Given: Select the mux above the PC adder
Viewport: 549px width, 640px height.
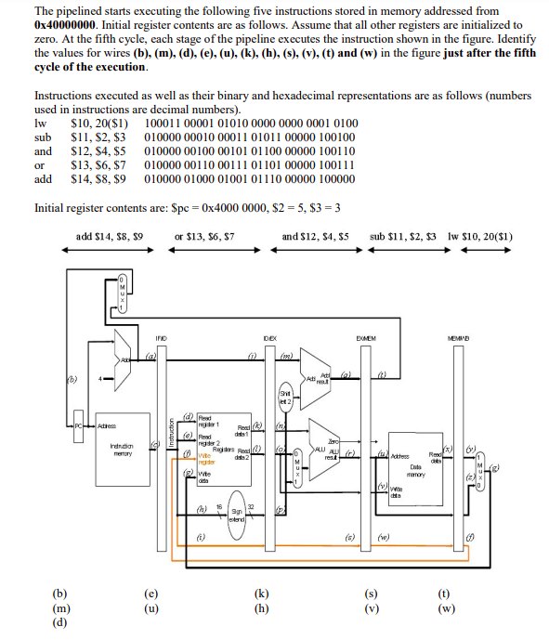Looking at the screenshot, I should click(x=123, y=294).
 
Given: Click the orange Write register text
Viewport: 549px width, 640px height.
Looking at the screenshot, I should click(x=204, y=459).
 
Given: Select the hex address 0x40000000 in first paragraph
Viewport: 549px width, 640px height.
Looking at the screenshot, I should click(x=68, y=25).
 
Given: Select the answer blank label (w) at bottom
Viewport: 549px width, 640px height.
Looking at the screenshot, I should click(x=447, y=608).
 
